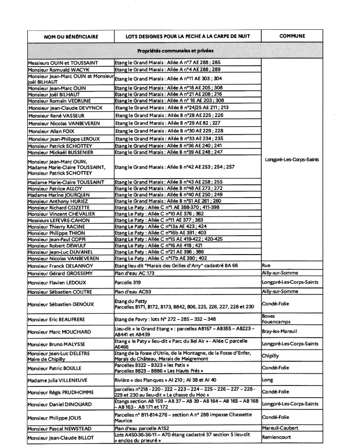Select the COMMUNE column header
tap(292, 36)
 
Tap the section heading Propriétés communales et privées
tap(175, 51)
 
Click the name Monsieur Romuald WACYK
tap(58, 69)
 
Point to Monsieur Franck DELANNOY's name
tap(60, 266)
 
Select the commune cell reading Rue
tap(267, 265)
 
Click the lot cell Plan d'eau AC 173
tap(134, 274)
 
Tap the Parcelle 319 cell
tap(127, 282)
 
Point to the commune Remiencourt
tap(278, 437)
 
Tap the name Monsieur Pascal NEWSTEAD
tap(60, 428)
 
